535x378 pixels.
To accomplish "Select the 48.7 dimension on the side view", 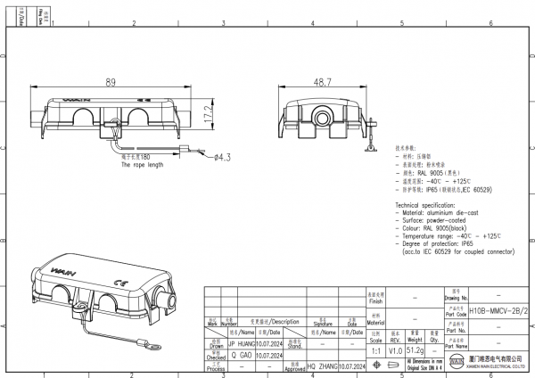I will click(x=322, y=82).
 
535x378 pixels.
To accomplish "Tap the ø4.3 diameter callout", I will click(x=222, y=157).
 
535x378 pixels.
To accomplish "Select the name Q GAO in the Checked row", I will click(x=240, y=353).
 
